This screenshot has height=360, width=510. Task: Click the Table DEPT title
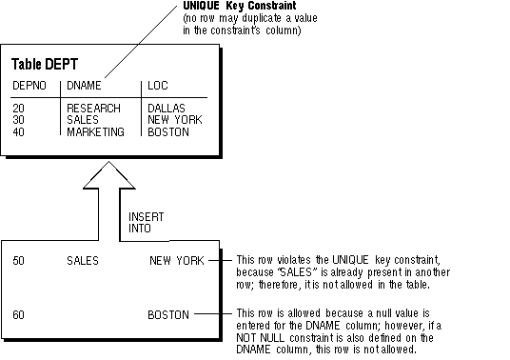pos(45,64)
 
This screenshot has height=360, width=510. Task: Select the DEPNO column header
pos(29,86)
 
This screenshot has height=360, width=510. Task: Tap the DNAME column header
pos(84,86)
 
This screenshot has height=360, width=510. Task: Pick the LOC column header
pos(158,86)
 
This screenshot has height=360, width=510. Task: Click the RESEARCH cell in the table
pos(93,108)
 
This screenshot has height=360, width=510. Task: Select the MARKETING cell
pos(95,131)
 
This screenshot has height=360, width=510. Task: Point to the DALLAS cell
pos(167,108)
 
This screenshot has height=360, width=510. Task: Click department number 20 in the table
pos(18,108)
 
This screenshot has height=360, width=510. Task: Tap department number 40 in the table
pos(18,131)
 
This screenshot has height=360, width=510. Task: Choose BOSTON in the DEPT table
pos(168,131)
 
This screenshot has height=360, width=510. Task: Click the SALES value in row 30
pos(83,120)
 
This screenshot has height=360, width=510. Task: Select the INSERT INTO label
pos(146,222)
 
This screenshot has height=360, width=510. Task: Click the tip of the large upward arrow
pos(109,162)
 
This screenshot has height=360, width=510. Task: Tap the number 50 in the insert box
pos(18,260)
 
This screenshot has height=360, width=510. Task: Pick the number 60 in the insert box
pos(18,314)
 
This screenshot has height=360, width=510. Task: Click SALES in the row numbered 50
pos(83,260)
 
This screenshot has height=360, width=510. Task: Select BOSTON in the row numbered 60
pos(168,314)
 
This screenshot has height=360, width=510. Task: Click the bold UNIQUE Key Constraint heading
pos(240,6)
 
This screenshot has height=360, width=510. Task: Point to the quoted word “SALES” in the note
pos(297,272)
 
